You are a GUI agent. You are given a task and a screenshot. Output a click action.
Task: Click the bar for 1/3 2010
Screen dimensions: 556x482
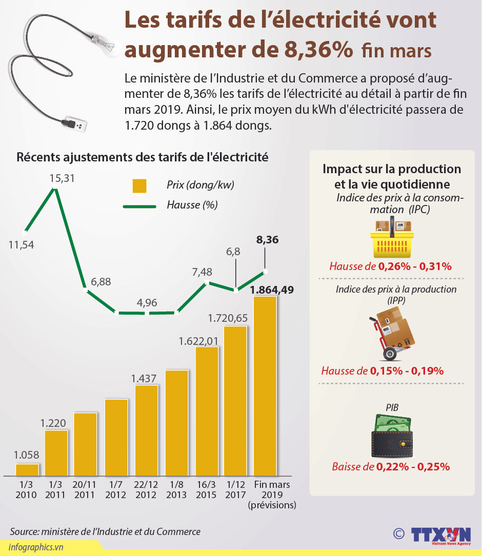(x=27, y=469)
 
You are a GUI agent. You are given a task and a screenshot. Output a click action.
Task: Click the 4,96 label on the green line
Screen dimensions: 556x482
(x=147, y=302)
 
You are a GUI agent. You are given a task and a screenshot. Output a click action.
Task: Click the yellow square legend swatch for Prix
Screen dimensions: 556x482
(x=139, y=186)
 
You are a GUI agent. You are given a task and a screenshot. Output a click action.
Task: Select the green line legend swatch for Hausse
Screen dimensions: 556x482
(x=139, y=206)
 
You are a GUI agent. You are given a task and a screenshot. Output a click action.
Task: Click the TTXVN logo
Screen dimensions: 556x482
(x=440, y=534)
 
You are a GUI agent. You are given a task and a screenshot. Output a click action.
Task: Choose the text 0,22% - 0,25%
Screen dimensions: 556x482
(x=413, y=467)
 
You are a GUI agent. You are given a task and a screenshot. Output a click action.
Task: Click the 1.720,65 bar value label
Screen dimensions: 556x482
(x=228, y=318)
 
